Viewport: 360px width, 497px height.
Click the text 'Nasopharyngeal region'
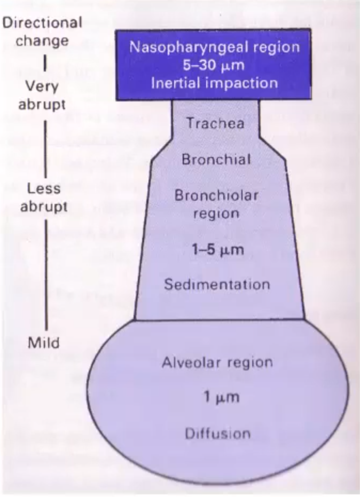215,46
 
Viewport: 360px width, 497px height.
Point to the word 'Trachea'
215,123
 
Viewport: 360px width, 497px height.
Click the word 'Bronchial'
216,160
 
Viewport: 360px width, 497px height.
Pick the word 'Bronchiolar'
216,195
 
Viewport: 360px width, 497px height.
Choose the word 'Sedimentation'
216,284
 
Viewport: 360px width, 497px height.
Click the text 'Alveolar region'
217,362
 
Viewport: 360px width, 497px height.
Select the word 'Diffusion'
217,433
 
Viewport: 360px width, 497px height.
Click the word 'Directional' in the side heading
42,23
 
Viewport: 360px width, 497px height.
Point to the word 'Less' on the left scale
44,189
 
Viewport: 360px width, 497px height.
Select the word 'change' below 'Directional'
42,41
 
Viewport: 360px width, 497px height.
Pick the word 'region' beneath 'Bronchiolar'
216,214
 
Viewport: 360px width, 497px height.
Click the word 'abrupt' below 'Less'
44,207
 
